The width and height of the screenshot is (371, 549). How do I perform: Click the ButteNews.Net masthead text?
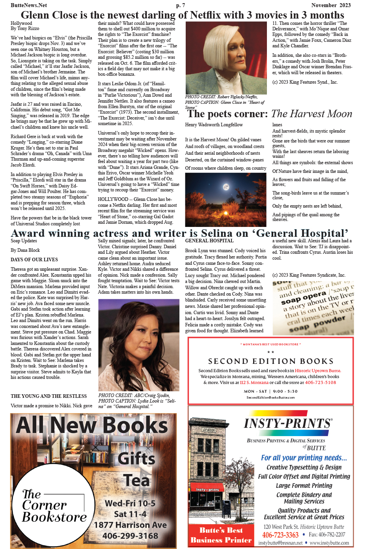pyautogui.click(x=29, y=5)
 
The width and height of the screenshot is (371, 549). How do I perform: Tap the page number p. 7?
pyautogui.click(x=181, y=5)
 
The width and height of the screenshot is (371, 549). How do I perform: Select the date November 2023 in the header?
pyautogui.click(x=331, y=5)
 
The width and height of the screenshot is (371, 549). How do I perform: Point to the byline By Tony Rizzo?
pyautogui.click(x=25, y=28)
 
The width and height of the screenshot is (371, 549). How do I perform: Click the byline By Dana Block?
pyautogui.click(x=25, y=250)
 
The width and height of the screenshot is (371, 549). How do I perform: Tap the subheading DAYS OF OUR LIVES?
pyautogui.click(x=34, y=260)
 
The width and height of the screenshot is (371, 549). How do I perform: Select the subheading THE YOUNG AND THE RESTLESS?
pyautogui.click(x=48, y=396)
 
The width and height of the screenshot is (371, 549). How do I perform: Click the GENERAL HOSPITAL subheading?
pyautogui.click(x=209, y=241)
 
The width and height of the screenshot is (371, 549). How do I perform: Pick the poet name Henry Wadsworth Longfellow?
pyautogui.click(x=214, y=125)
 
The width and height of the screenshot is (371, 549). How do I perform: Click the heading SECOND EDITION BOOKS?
pyautogui.click(x=271, y=361)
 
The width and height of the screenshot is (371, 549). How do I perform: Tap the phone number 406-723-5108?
pyautogui.click(x=321, y=382)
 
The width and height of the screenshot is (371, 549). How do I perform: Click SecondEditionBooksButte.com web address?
pyautogui.click(x=270, y=397)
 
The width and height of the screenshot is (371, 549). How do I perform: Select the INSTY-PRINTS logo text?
pyautogui.click(x=288, y=423)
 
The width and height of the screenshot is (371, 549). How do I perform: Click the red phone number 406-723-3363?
pyautogui.click(x=280, y=535)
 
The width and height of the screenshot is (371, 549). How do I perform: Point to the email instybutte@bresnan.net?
pyautogui.click(x=280, y=543)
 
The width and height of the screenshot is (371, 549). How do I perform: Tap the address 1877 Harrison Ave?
pyautogui.click(x=130, y=525)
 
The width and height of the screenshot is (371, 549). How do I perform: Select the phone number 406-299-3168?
pyautogui.click(x=130, y=536)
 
